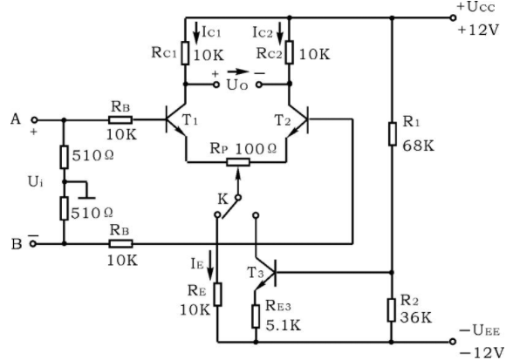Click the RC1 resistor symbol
point(185,53)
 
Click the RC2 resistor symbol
point(289,52)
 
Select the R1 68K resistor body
point(392,133)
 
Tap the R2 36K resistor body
point(392,310)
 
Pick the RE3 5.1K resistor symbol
point(256,316)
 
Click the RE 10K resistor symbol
point(218,295)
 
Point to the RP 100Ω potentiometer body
point(238,162)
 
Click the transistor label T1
point(190,120)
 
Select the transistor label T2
point(283,120)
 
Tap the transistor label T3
point(256,273)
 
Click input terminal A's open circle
point(34,120)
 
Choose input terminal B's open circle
point(33,244)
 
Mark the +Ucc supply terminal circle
point(453,18)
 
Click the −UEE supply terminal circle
point(453,342)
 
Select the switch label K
point(223,200)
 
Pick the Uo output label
point(237,85)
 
